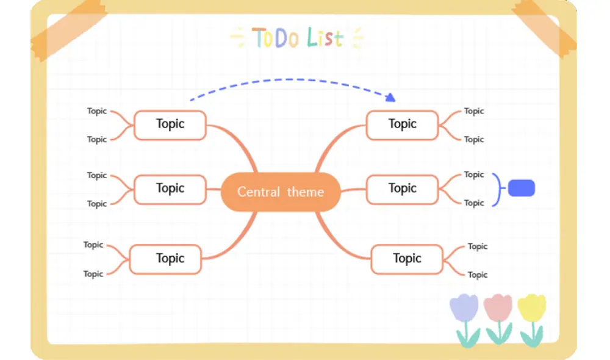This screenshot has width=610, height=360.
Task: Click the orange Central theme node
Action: click(x=280, y=192)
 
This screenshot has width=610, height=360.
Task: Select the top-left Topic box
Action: click(x=170, y=124)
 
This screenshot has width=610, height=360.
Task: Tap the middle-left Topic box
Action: click(x=170, y=189)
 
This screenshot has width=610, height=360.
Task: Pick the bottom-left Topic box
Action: click(x=165, y=259)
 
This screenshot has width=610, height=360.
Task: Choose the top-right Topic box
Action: click(x=402, y=124)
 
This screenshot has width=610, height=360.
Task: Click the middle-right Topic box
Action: click(x=402, y=189)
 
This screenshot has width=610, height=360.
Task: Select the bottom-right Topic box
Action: click(x=407, y=259)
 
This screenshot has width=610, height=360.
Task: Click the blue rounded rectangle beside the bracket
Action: click(x=521, y=189)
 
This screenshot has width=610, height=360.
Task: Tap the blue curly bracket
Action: click(x=498, y=189)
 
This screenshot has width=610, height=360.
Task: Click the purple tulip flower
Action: click(x=464, y=308)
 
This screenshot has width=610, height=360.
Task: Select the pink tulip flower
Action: click(x=498, y=308)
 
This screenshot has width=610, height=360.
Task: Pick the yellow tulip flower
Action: click(x=531, y=308)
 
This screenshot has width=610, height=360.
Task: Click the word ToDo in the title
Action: click(x=276, y=38)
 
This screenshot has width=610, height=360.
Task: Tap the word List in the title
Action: click(x=325, y=38)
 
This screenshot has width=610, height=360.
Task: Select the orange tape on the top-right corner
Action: click(x=547, y=27)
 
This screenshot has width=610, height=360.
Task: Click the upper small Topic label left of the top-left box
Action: click(x=96, y=111)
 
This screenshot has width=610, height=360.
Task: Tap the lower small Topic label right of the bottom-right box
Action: click(x=478, y=275)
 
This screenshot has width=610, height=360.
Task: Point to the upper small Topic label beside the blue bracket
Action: click(x=473, y=175)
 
